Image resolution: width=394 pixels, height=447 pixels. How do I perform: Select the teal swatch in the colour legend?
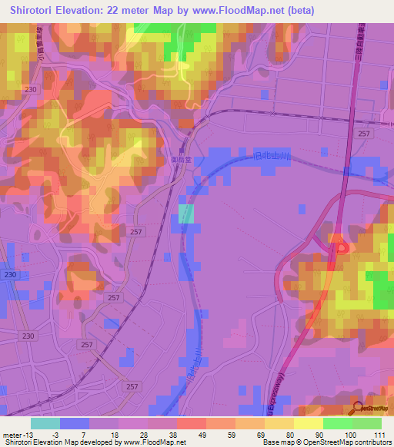click(x=45, y=422)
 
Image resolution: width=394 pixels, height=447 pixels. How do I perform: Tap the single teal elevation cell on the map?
click(x=186, y=214)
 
